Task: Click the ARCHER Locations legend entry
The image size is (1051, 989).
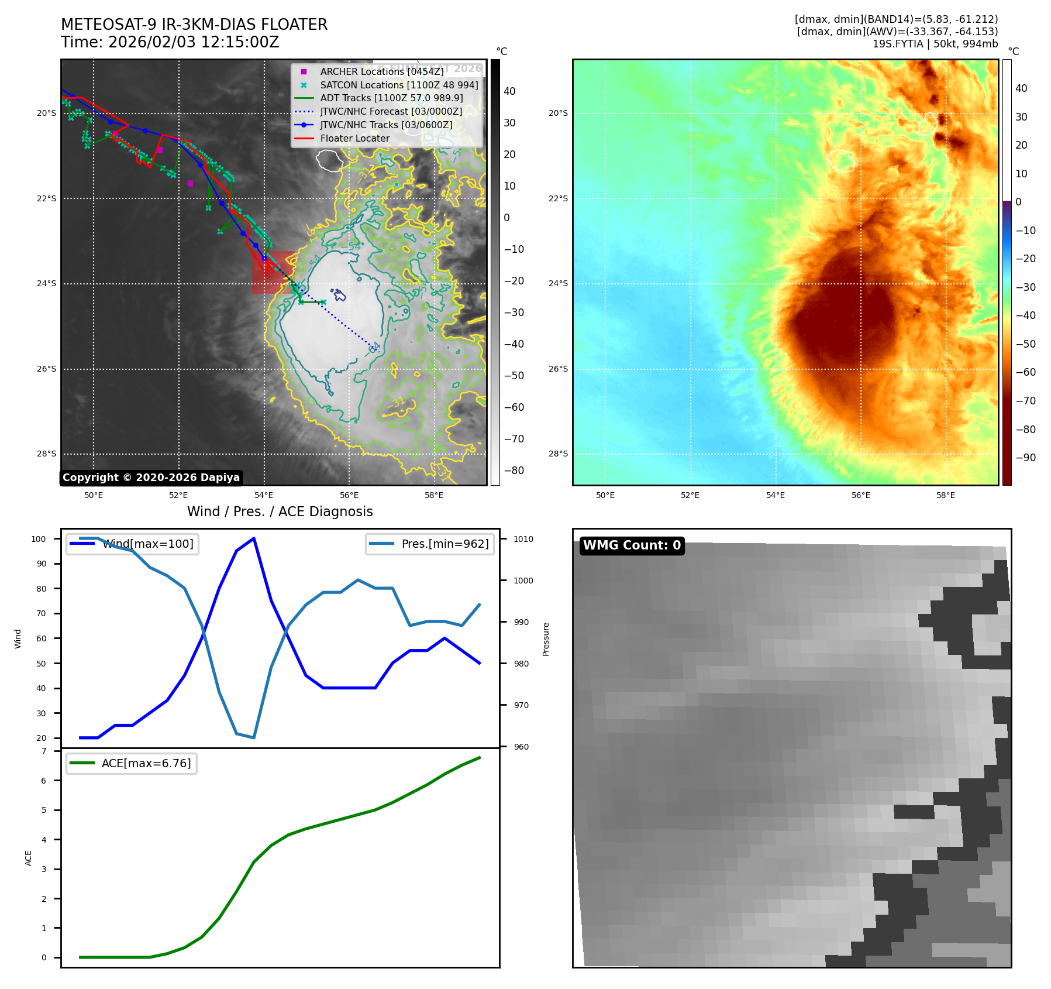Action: (381, 71)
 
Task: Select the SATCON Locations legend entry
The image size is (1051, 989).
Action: (399, 85)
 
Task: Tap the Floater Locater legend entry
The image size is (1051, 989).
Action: (354, 138)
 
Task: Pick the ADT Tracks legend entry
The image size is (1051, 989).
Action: (391, 98)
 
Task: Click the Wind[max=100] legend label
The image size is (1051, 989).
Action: (148, 544)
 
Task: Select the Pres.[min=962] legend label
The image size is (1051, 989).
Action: (444, 544)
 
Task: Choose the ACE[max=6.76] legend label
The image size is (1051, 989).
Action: (146, 763)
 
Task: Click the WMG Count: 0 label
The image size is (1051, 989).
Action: (632, 545)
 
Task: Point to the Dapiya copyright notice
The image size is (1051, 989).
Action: (151, 478)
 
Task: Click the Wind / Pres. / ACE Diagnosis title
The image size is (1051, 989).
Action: (280, 511)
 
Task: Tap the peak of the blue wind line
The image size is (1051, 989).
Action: (254, 538)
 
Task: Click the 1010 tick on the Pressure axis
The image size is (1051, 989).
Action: (523, 539)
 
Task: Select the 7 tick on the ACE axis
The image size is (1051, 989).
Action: (44, 751)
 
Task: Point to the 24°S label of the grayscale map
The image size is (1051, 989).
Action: (47, 284)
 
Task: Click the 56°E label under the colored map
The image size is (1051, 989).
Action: (860, 495)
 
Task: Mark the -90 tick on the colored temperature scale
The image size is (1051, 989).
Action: (1026, 458)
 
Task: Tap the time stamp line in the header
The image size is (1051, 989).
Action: (170, 42)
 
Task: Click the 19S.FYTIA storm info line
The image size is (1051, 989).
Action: (935, 44)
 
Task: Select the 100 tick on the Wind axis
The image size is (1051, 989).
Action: (39, 539)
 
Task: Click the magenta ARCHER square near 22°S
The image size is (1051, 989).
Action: (190, 184)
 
